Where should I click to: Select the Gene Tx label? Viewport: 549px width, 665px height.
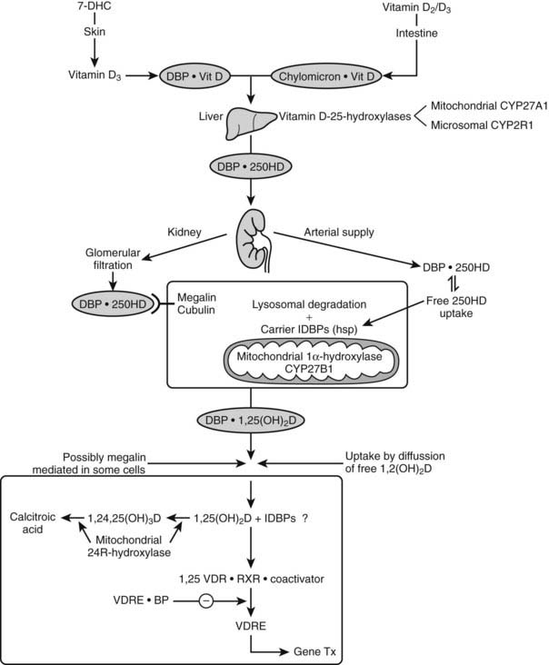317,652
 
